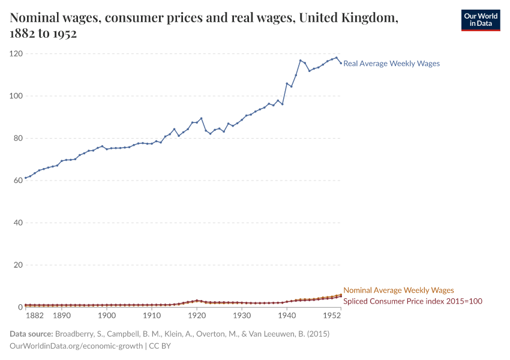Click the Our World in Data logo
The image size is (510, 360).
pyautogui.click(x=480, y=20)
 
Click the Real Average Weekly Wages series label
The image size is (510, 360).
pyautogui.click(x=391, y=64)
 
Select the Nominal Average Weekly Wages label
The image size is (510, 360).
pyautogui.click(x=398, y=290)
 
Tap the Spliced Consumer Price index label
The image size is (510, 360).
pyautogui.click(x=413, y=301)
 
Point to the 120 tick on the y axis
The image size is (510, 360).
pyautogui.click(x=16, y=54)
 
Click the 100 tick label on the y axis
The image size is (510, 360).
pyautogui.click(x=16, y=96)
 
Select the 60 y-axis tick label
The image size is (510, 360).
pyautogui.click(x=17, y=181)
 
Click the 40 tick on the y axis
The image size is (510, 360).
pyautogui.click(x=17, y=223)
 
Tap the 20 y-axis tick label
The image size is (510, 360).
pyautogui.click(x=17, y=265)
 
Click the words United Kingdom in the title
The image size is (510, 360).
pyautogui.click(x=348, y=19)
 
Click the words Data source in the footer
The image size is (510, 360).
pyautogui.click(x=31, y=334)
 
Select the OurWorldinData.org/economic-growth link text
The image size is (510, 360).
pyautogui.click(x=76, y=346)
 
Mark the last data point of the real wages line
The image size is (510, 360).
pyautogui.click(x=341, y=63)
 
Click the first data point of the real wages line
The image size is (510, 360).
pyautogui.click(x=26, y=178)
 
